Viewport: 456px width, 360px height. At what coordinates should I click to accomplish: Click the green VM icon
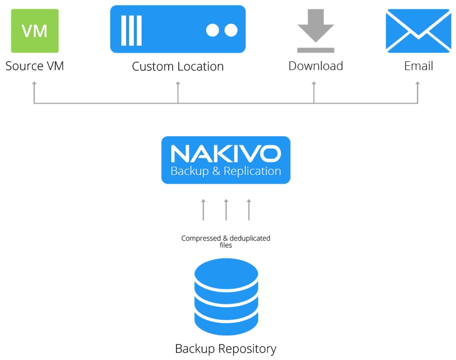coord(35,31)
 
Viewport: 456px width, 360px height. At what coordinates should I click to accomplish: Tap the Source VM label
coord(35,66)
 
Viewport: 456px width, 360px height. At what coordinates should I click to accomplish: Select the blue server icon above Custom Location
coord(177,29)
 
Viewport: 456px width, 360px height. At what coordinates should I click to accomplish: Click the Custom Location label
coord(177,66)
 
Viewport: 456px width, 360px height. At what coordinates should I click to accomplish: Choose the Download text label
coord(315,66)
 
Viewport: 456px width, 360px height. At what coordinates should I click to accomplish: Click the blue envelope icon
coord(418,31)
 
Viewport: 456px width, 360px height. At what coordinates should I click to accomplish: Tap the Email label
coord(418,66)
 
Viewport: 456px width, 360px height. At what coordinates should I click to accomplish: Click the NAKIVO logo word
coord(226,153)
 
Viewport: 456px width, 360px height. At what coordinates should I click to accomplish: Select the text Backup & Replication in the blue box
coord(226,171)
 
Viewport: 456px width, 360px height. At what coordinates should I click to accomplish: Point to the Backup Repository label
coord(226,348)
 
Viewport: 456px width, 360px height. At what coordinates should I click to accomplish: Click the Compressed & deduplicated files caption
coord(226,241)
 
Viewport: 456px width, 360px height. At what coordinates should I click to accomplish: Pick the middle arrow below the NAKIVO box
coord(226,209)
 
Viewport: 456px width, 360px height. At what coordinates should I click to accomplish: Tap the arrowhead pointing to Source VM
coord(34,84)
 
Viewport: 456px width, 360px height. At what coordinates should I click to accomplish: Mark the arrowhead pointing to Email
coord(417,84)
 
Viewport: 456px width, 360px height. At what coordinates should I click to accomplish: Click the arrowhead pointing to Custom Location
coord(177,84)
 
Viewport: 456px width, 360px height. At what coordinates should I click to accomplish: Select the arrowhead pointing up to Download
coord(314,84)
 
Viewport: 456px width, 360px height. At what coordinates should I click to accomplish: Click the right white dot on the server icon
coord(231,30)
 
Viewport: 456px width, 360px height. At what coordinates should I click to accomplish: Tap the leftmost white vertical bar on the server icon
coord(123,30)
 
